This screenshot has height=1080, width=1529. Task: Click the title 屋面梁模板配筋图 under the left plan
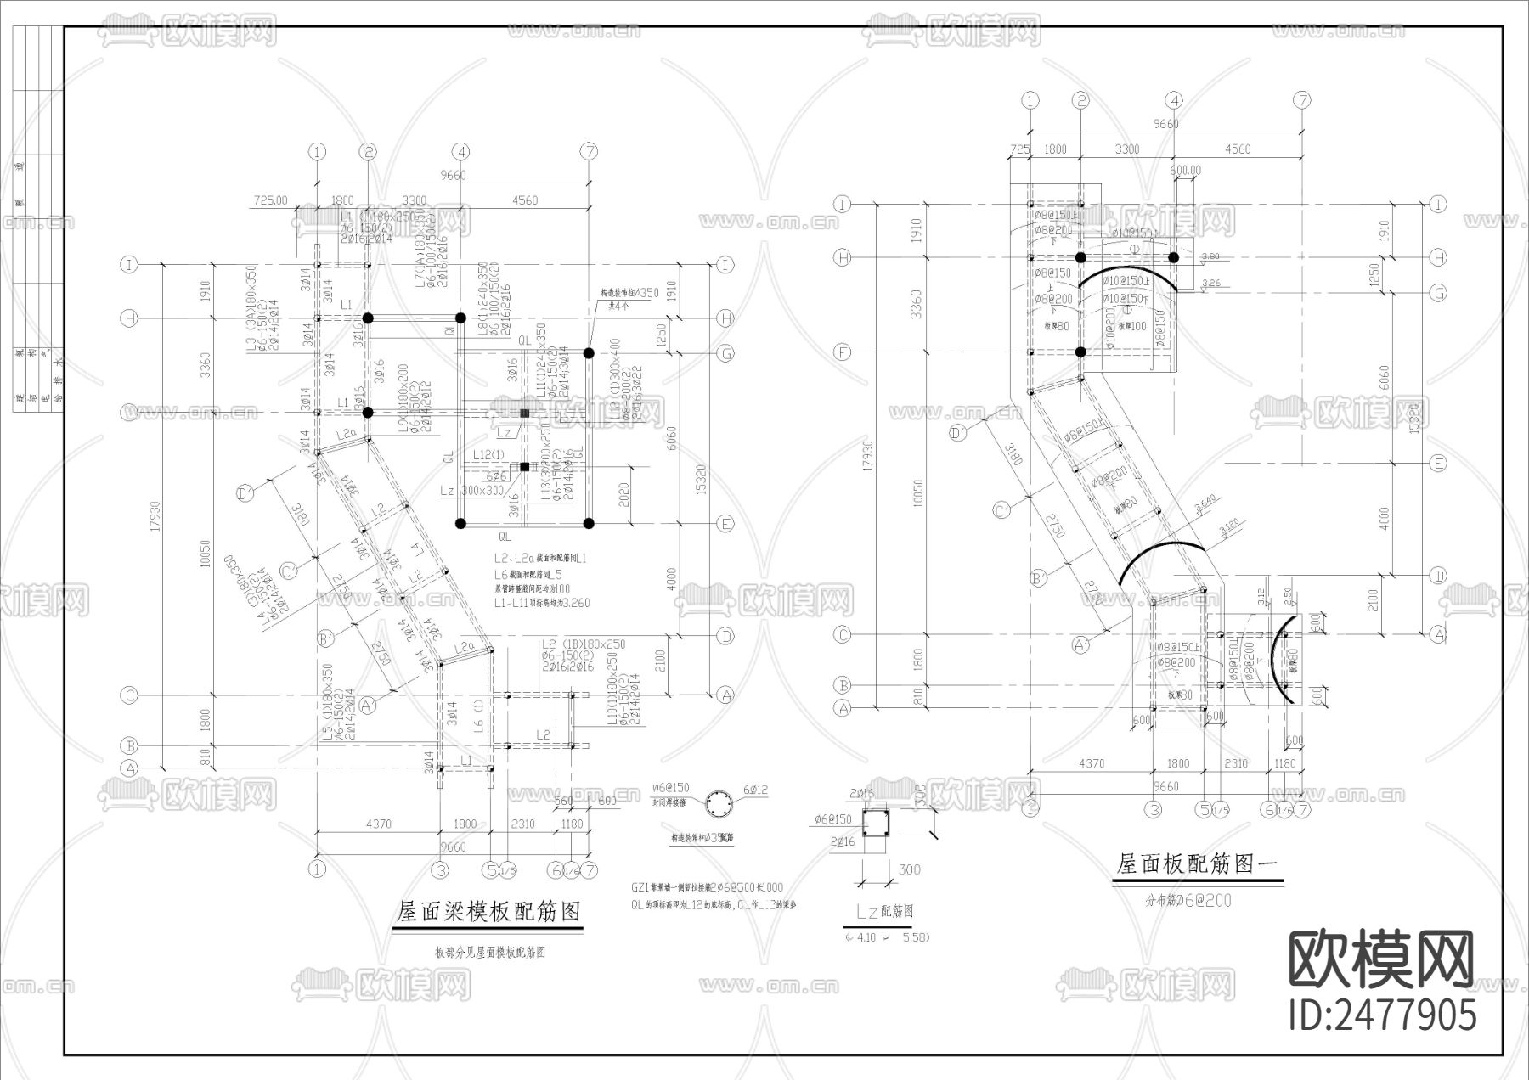[489, 912]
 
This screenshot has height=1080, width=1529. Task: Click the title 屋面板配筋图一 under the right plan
[1197, 865]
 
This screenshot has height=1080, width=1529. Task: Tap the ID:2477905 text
[1383, 1015]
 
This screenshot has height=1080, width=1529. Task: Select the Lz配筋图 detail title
[884, 912]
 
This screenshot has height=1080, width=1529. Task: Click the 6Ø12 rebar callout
[755, 790]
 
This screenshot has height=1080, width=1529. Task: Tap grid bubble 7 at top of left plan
[589, 152]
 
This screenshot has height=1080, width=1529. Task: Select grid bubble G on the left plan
[725, 353]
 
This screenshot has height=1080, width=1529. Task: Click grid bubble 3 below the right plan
[1154, 809]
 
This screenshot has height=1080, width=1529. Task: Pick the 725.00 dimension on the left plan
[271, 200]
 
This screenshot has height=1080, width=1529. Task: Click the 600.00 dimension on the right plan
[1185, 170]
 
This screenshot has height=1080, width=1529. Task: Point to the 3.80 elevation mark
[1210, 256]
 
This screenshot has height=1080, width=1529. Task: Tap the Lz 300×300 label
[471, 491]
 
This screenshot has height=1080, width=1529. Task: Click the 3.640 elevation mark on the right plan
[1205, 507]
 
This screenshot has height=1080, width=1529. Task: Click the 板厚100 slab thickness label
[1131, 326]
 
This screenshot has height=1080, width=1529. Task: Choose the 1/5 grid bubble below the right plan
[1222, 809]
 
